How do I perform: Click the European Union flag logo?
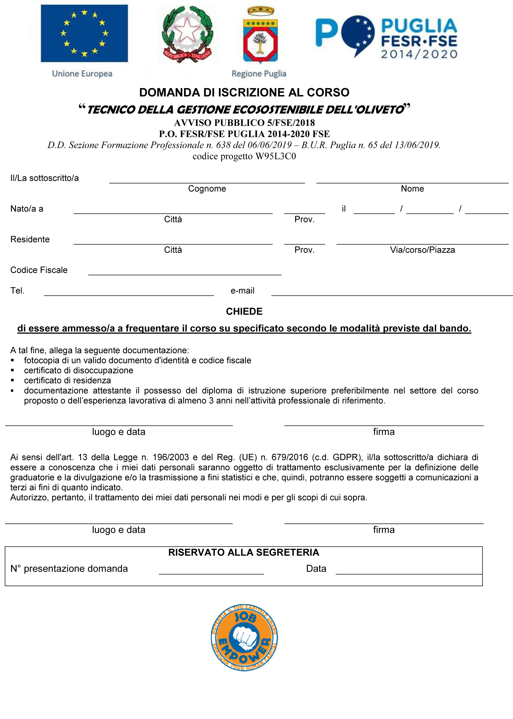click(x=84, y=33)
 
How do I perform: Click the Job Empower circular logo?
click(x=244, y=638)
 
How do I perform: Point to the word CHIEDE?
click(x=244, y=312)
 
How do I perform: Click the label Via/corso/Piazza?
click(x=422, y=250)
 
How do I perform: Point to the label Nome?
click(x=412, y=189)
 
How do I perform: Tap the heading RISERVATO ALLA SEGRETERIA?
click(x=243, y=552)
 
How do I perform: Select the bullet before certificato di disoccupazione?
click(x=13, y=370)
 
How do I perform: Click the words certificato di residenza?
click(x=67, y=380)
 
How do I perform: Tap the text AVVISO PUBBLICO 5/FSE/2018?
click(x=244, y=123)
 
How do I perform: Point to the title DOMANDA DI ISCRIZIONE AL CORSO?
click(x=244, y=93)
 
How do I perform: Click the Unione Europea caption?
click(x=82, y=74)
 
